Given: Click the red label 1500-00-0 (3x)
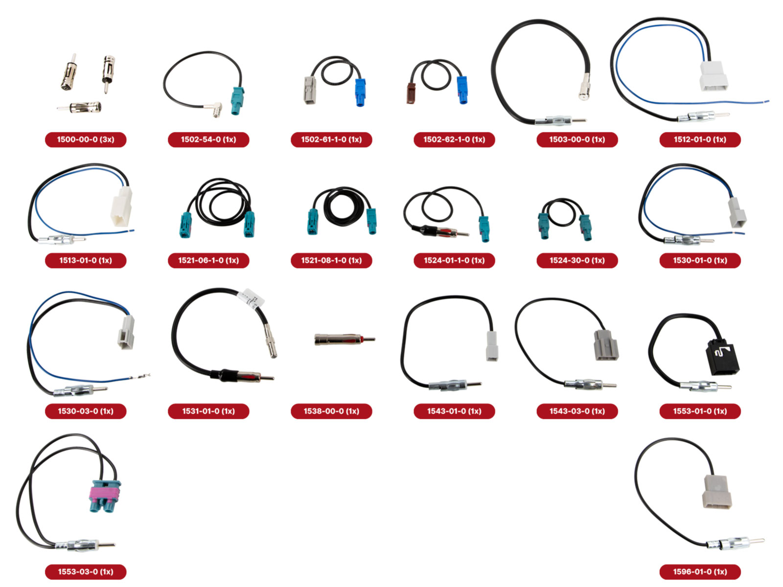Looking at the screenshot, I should (x=86, y=139).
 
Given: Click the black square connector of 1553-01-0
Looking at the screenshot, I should (x=722, y=357).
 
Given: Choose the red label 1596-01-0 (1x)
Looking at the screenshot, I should (x=700, y=571).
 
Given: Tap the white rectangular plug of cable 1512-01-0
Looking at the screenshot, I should (x=713, y=76).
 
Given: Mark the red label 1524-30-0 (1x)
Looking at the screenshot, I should (x=577, y=260).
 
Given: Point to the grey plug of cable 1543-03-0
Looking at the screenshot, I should (x=606, y=345).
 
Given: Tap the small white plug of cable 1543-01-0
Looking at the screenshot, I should (x=491, y=346).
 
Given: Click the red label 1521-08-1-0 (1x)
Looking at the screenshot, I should (x=331, y=260).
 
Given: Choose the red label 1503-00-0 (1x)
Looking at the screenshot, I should (x=577, y=139).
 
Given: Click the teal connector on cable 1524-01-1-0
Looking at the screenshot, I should (x=484, y=228).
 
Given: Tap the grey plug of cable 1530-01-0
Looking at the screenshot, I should (x=737, y=212).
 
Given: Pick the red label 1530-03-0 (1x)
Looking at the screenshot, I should (x=86, y=411).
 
